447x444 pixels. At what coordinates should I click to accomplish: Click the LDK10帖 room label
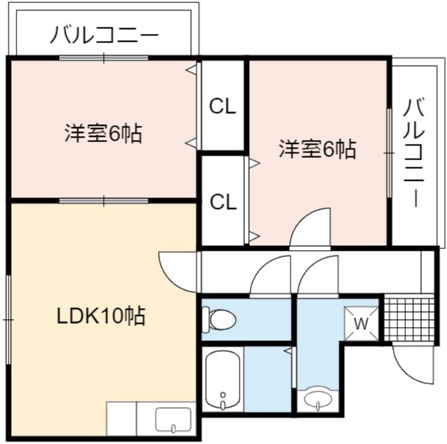coord(101,316)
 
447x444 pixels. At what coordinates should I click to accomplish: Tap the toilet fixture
coord(218,320)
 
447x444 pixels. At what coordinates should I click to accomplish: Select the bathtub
coord(222,380)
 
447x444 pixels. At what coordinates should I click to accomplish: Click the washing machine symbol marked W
coord(361,324)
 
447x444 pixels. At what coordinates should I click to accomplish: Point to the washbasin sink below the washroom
coord(318,400)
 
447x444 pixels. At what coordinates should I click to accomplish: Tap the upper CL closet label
coord(222,106)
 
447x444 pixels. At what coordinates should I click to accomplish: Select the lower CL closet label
coord(223,202)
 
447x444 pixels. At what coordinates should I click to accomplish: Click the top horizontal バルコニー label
coord(104,35)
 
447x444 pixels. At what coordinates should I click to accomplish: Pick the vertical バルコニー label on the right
coord(414,152)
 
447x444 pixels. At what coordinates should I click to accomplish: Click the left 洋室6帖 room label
coord(103,133)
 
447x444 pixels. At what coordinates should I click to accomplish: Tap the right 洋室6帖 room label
coord(317,149)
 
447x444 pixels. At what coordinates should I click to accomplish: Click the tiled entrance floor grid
coord(409,320)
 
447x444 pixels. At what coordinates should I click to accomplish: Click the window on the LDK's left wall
coord(9,319)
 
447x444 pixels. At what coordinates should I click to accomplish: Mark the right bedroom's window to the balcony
coord(390,153)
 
